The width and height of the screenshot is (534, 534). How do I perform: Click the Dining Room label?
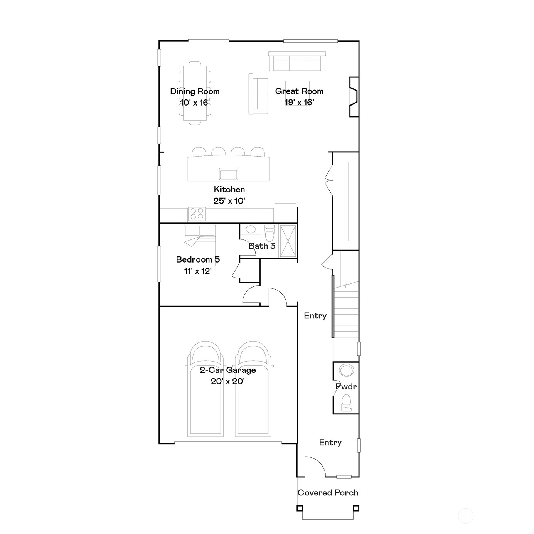click(x=195, y=91)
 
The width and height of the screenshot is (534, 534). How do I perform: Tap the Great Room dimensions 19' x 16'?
click(x=299, y=102)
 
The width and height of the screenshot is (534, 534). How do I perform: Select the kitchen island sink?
click(x=228, y=174)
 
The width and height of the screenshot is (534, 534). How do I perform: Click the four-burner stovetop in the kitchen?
click(x=197, y=214)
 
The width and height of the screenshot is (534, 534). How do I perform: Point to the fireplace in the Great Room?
click(x=354, y=97)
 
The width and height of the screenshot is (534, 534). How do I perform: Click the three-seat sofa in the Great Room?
click(x=297, y=61)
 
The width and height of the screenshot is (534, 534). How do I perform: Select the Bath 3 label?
click(x=262, y=246)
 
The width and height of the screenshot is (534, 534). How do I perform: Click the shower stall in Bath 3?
click(x=288, y=241)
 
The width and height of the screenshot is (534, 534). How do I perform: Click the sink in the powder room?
click(x=346, y=370)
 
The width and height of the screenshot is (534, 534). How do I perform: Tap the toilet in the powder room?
click(x=346, y=403)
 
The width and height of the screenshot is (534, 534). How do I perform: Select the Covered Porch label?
click(x=328, y=493)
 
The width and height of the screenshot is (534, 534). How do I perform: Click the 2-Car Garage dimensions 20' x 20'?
click(x=227, y=382)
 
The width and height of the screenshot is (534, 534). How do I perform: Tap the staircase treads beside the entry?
click(x=345, y=312)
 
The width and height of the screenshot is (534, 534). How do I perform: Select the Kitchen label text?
click(x=229, y=190)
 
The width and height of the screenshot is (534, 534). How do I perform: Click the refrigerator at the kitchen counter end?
click(x=285, y=212)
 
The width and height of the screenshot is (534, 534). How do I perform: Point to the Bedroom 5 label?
click(x=198, y=259)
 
